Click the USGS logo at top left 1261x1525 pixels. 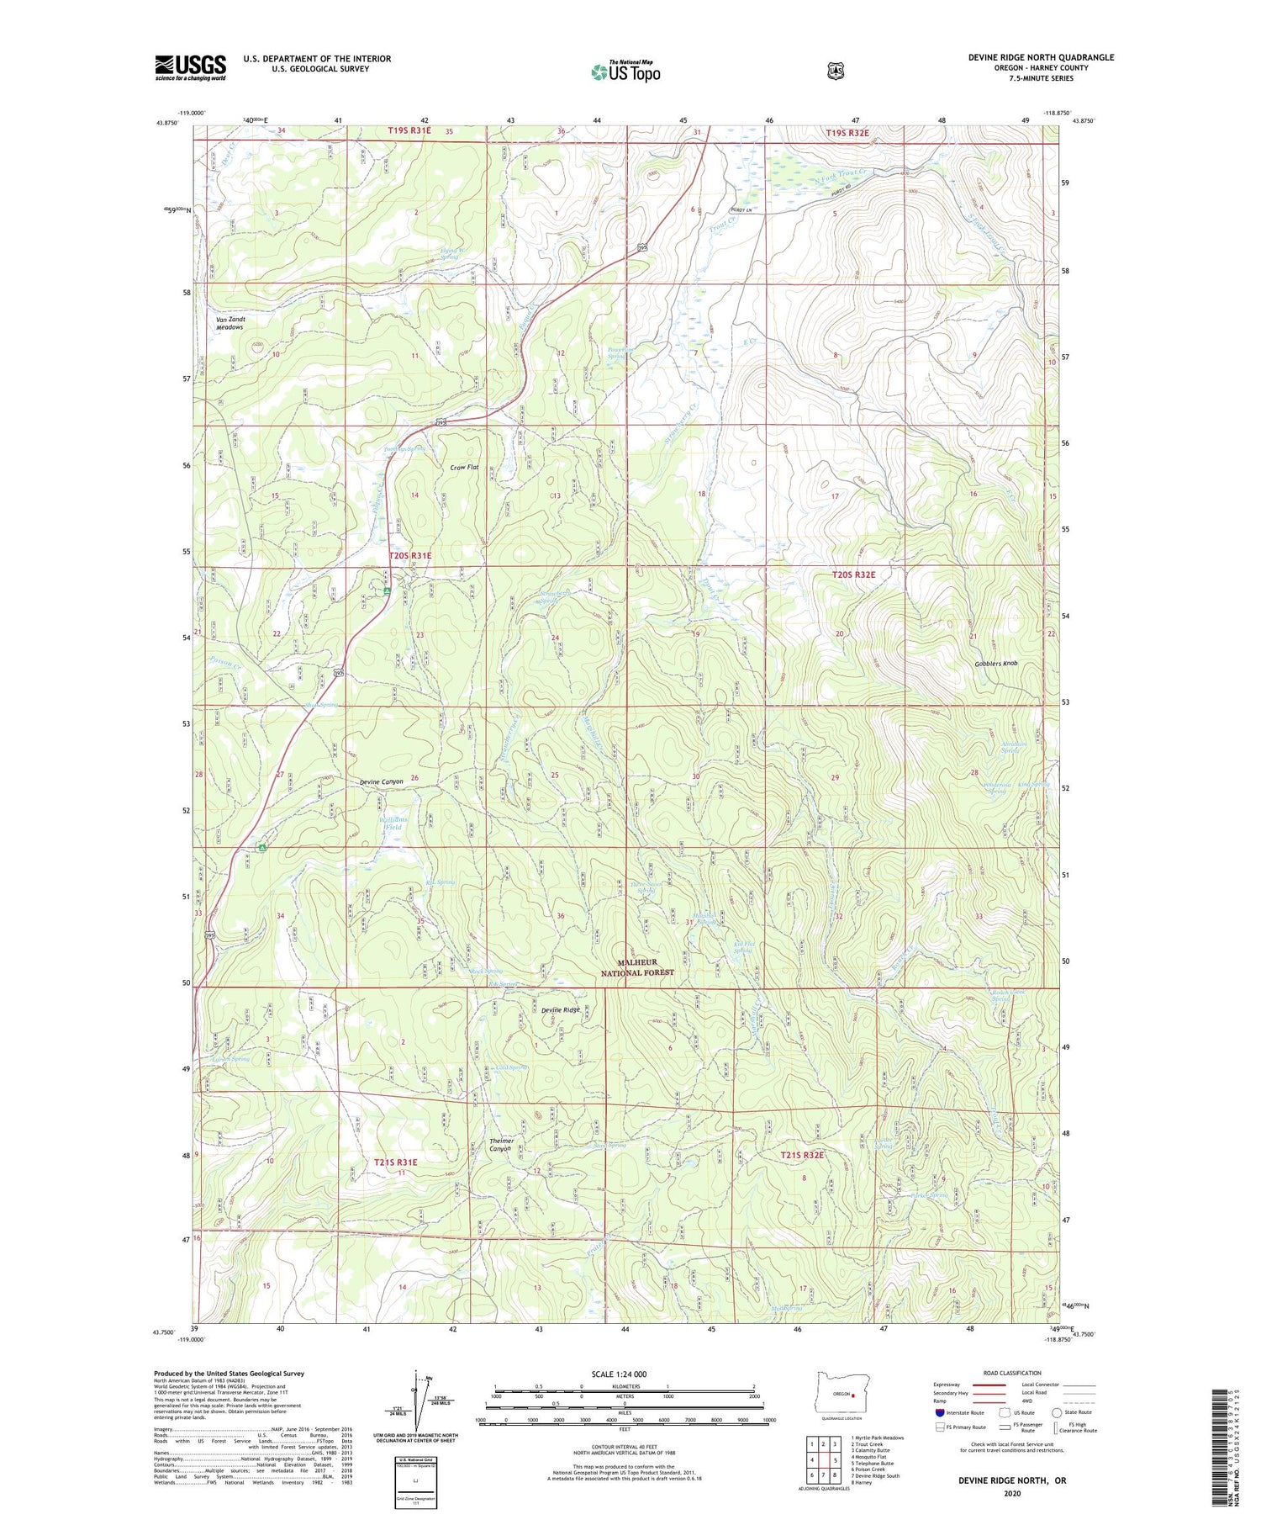[x=190, y=67]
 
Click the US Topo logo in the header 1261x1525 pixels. [x=625, y=71]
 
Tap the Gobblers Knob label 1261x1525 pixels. [x=996, y=664]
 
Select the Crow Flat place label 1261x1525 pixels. [x=464, y=467]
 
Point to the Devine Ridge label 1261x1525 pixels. [x=560, y=1009]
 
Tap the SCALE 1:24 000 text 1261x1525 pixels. [x=619, y=1374]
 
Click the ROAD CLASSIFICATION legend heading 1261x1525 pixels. [x=1012, y=1373]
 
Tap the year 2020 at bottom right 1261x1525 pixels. [x=1012, y=1494]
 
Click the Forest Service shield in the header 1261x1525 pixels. [x=835, y=71]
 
